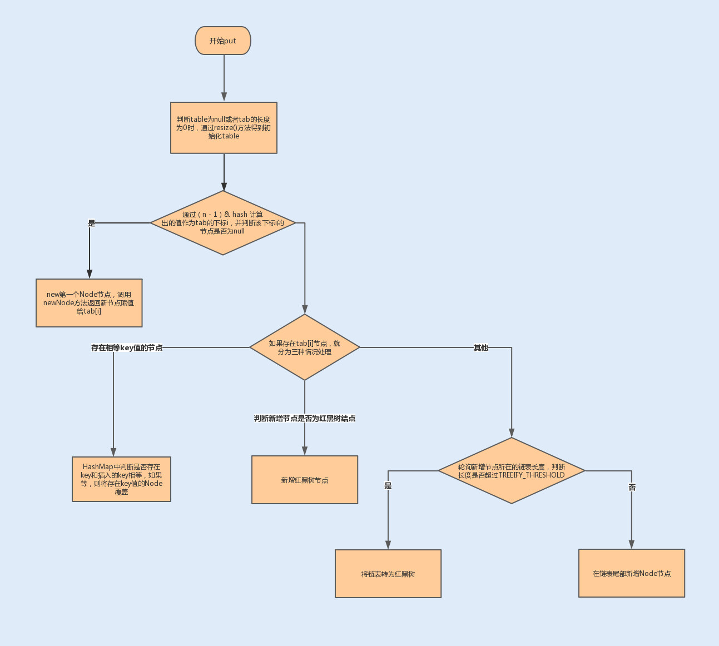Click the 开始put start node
223,41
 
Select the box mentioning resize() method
224,128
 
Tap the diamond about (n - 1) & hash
223,223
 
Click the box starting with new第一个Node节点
89,303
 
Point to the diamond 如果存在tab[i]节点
305,347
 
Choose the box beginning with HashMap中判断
121,479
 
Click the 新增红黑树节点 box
305,480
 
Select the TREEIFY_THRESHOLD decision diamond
512,471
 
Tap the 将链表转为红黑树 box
388,574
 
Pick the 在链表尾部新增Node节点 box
632,573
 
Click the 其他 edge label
481,347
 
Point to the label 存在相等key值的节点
127,347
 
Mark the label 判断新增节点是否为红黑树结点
305,418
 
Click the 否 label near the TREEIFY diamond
632,487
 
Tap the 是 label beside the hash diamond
92,223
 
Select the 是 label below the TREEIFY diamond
388,485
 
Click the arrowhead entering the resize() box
224,97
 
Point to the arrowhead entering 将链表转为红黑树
388,545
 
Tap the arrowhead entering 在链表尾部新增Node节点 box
632,544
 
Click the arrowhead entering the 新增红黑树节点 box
305,451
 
